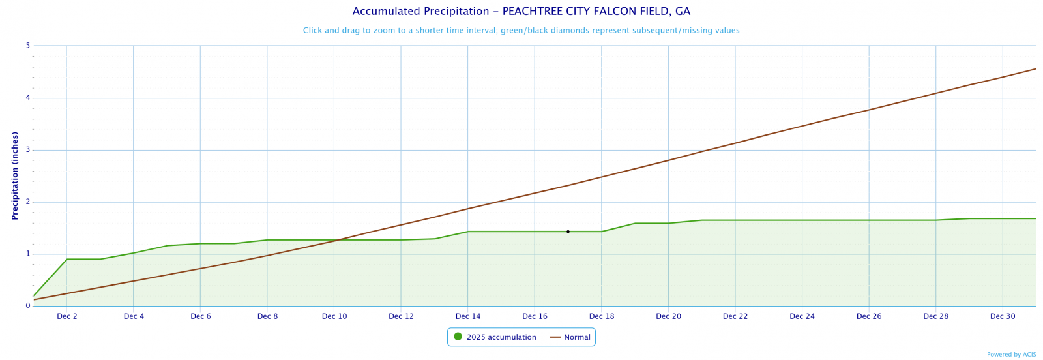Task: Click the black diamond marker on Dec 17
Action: [x=568, y=232]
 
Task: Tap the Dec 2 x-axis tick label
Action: [x=67, y=317]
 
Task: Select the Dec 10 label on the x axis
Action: [x=334, y=317]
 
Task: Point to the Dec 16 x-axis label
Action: [x=535, y=317]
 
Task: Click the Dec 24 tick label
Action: [x=802, y=317]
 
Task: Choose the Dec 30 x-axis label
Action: [x=1003, y=317]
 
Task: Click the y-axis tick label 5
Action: [x=28, y=46]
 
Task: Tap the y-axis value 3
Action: [x=28, y=150]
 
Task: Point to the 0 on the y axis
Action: [x=28, y=306]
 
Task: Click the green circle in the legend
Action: [x=458, y=337]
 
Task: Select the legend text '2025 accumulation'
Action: [x=501, y=337]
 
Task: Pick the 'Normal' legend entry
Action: [x=577, y=337]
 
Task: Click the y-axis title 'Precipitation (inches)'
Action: [x=14, y=175]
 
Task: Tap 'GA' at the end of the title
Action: [x=683, y=12]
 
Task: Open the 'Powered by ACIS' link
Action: [x=1011, y=355]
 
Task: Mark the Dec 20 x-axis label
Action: [x=668, y=317]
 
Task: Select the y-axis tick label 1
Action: [x=28, y=254]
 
